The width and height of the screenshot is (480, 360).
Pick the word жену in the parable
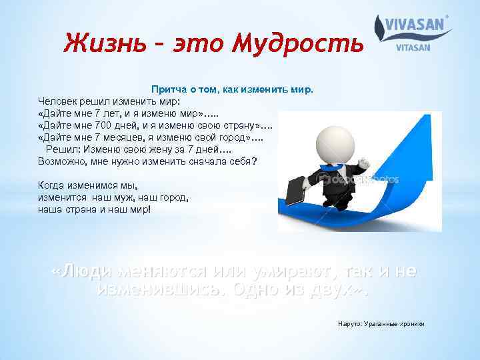(x=165, y=149)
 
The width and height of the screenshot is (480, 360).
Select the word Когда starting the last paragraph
(x=52, y=185)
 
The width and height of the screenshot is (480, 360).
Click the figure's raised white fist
(x=363, y=163)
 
